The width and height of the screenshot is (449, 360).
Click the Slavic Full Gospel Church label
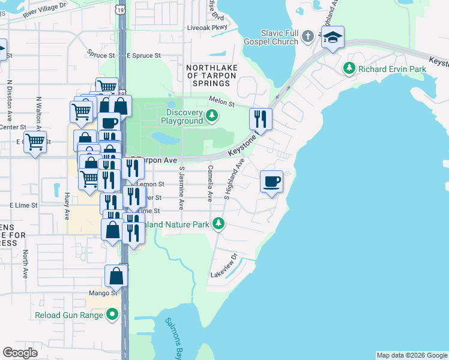coord(271,37)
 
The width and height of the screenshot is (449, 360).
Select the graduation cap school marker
coord(332,38)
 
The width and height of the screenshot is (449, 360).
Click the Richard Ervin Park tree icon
coord(349,69)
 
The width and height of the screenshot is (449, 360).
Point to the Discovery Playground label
coord(184,116)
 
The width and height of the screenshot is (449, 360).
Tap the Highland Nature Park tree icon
coord(219,224)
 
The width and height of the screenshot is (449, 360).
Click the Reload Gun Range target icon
coord(112,314)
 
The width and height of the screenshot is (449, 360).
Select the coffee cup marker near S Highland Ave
coord(272,181)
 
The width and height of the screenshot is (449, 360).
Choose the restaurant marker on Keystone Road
coord(261,119)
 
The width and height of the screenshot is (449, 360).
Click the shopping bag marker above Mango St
coord(116,276)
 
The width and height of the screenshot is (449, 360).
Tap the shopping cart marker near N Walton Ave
coord(35,143)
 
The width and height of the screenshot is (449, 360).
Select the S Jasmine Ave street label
coord(181,184)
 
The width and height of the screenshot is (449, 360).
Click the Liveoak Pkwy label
coord(208,28)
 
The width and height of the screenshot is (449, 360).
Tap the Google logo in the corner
coord(20,353)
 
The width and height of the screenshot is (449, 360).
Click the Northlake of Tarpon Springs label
coord(212,75)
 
